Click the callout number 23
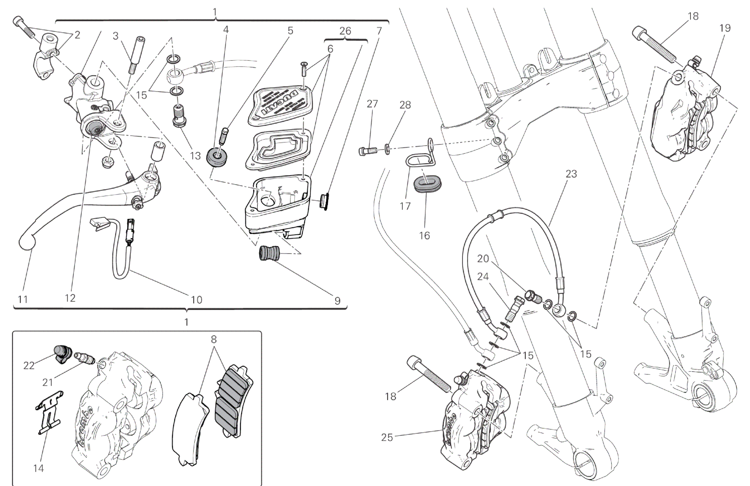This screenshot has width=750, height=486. tap(571, 174)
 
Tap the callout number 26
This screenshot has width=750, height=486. tap(345, 31)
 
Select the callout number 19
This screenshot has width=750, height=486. tap(725, 28)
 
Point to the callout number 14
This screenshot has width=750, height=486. tap(38, 468)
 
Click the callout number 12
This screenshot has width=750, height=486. tap(70, 298)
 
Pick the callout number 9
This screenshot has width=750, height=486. tap(337, 301)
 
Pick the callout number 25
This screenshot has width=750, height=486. tap(387, 437)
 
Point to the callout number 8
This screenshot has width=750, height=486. tap(213, 339)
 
